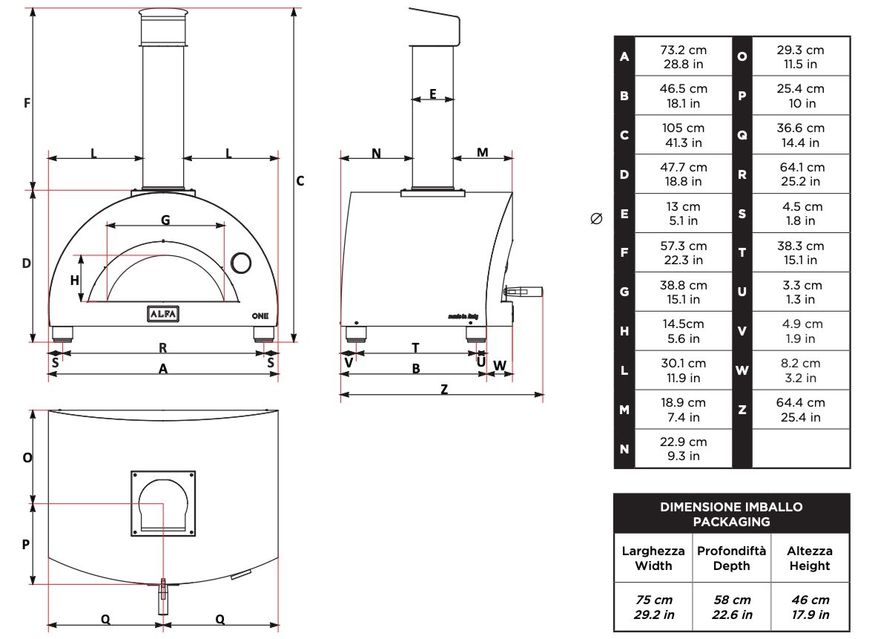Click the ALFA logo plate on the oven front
163,314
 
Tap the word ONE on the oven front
260,316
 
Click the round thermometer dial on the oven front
241,263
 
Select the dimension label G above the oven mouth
165,220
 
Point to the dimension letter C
300,181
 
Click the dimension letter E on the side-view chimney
433,94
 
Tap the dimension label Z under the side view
444,390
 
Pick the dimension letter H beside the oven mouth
75,281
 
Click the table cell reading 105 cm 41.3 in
684,135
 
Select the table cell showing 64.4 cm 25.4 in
801,410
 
